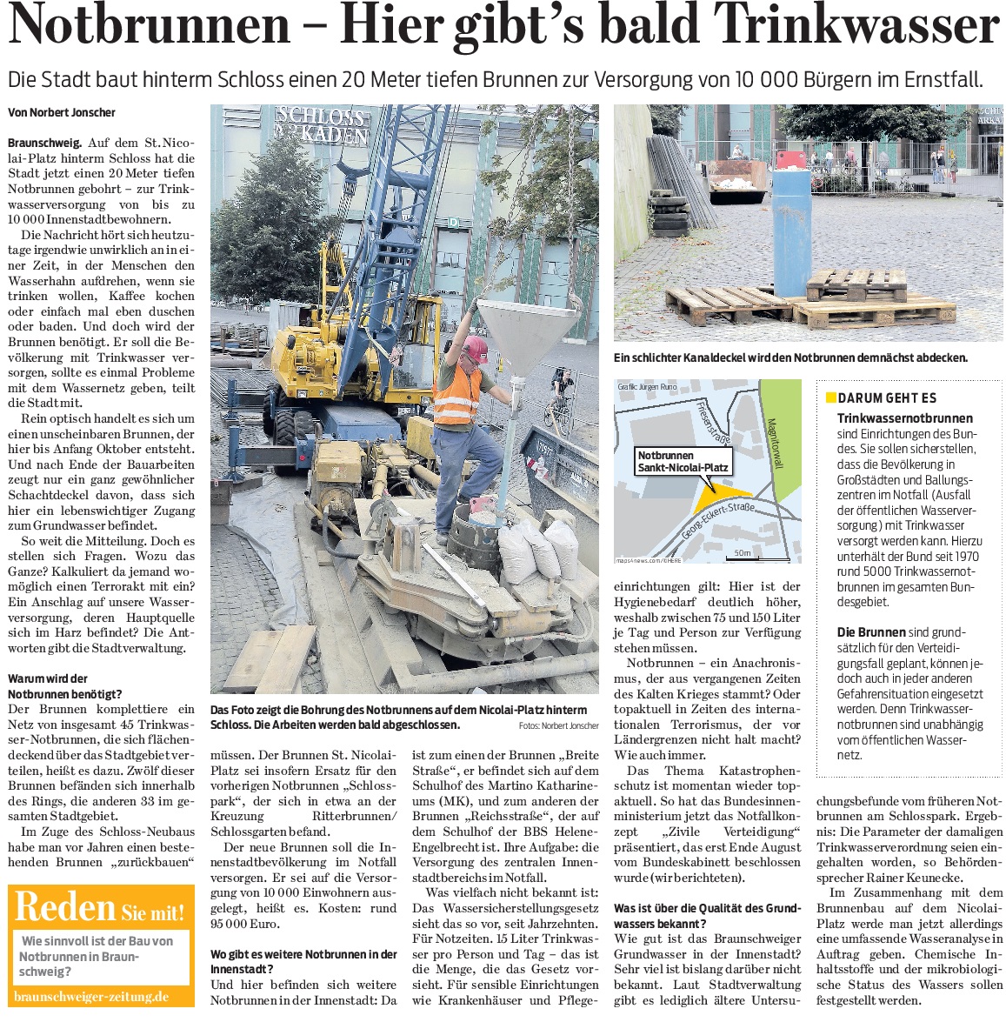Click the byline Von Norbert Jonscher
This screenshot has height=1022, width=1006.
tap(61, 112)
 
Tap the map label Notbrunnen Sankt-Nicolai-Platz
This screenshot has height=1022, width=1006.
tap(683, 461)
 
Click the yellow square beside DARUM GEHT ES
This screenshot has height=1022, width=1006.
tap(830, 397)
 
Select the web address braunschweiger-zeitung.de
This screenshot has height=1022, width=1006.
tap(91, 997)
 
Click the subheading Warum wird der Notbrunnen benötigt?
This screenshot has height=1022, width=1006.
tap(65, 686)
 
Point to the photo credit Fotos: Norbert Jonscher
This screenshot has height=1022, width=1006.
tap(558, 725)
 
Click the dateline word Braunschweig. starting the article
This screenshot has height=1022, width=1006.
tap(45, 143)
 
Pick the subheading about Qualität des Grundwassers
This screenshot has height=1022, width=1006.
tap(706, 916)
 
